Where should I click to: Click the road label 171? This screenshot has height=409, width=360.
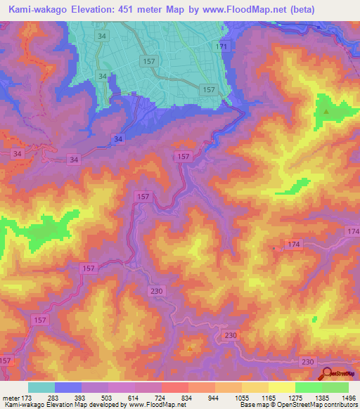(222, 46)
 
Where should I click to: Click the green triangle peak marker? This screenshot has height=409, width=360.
(326, 111)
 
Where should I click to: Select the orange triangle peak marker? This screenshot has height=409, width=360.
(190, 346)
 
